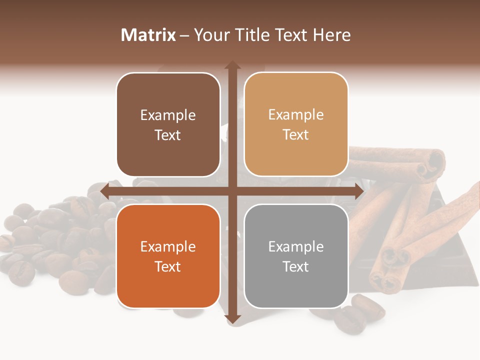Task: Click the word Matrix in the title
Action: (148, 35)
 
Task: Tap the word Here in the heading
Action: (332, 35)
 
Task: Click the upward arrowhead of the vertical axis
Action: (232, 65)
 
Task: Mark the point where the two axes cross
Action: (232, 191)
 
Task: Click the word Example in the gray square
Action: (296, 246)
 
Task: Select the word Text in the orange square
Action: (168, 266)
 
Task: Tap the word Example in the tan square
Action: (296, 114)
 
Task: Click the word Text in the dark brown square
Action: (168, 135)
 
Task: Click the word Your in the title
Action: (209, 35)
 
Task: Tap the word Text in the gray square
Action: (296, 266)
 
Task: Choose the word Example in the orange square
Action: (168, 246)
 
